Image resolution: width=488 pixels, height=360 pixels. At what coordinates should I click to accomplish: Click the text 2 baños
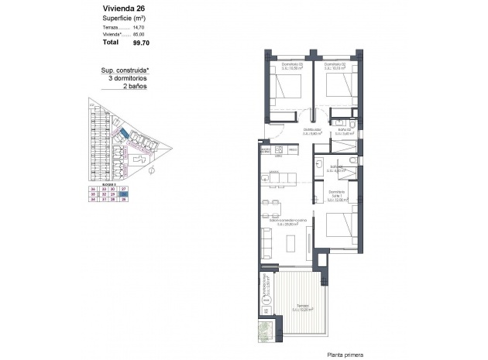[136, 87]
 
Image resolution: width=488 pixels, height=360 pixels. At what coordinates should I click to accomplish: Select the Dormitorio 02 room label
[334, 64]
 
